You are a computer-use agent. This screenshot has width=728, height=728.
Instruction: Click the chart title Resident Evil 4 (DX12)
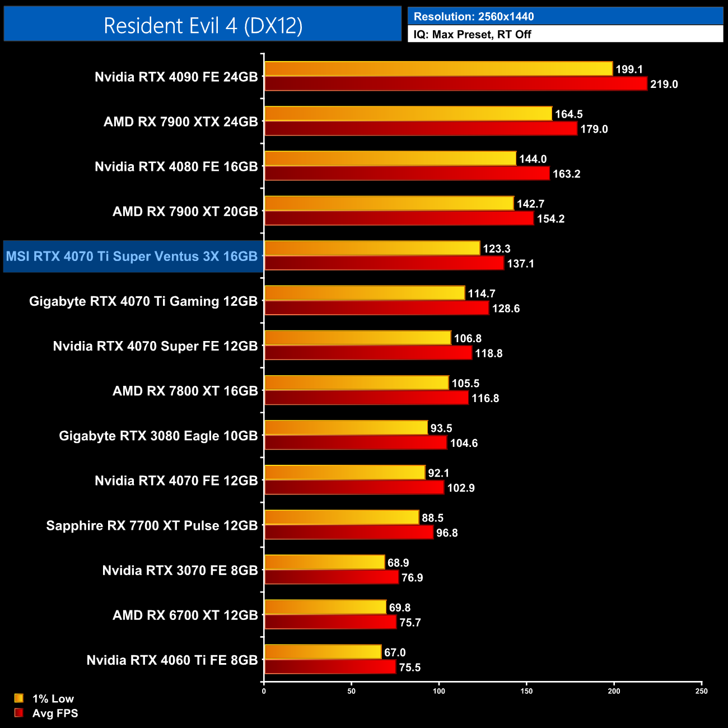coord(203,26)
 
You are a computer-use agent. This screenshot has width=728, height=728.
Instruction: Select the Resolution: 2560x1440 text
coord(473,17)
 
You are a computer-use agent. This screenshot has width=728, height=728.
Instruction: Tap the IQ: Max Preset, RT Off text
coord(472,35)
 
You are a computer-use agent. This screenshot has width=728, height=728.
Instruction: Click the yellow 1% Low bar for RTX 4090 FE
coord(438,69)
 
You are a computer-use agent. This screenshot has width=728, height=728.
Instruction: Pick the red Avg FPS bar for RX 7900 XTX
coord(421,129)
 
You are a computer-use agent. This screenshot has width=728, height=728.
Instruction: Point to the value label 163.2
coord(566,174)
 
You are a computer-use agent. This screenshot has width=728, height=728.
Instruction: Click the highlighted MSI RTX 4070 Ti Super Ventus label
coord(132,256)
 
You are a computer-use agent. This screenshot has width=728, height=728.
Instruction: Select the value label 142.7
coord(530,204)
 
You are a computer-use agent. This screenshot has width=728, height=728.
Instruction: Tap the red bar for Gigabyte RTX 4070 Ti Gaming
coord(376,308)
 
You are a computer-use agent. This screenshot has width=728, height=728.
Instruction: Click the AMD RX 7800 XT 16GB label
coord(185,391)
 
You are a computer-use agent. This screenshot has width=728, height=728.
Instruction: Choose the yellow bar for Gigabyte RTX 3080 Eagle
coord(346,428)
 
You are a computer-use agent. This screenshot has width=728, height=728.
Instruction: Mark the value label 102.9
coord(460,488)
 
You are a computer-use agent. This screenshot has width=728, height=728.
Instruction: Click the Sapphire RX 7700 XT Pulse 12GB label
coord(152,526)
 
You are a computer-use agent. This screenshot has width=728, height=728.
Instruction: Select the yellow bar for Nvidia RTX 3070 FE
coord(325,562)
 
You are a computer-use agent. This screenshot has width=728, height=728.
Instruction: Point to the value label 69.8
coord(400,608)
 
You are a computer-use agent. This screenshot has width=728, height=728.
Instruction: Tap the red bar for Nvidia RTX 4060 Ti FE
coord(330,667)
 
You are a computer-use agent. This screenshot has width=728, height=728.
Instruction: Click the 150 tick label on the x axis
coord(526,691)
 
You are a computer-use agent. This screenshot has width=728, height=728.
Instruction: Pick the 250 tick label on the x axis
coord(701,691)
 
